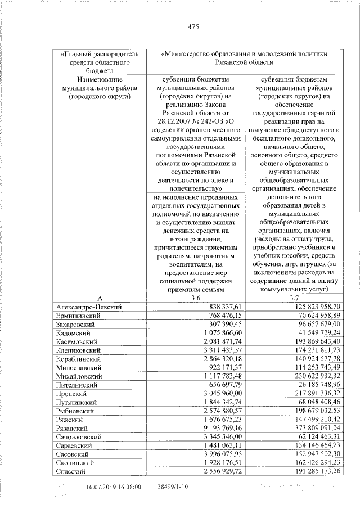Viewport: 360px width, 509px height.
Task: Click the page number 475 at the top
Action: click(x=193, y=26)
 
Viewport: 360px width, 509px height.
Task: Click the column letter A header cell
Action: click(x=99, y=297)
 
